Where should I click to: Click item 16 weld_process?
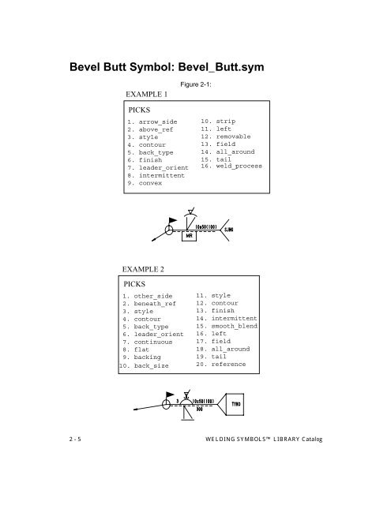231,166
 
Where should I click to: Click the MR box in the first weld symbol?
190,235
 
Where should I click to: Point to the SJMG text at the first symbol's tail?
230,230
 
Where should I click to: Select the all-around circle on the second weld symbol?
166,402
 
